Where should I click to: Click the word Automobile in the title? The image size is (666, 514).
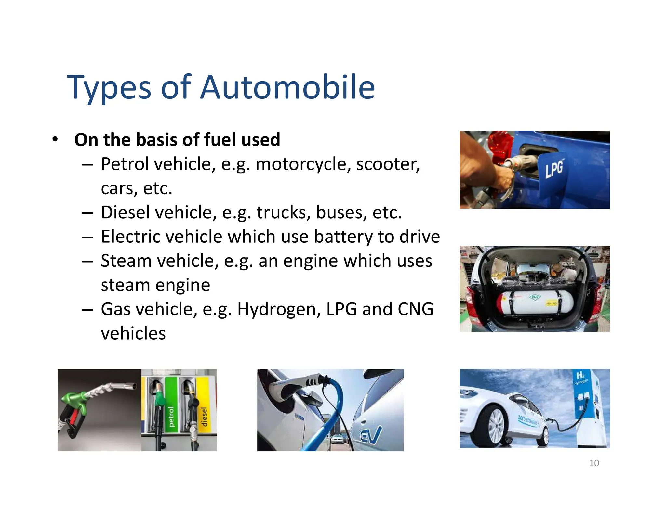pos(287,87)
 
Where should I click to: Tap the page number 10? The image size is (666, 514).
pos(594,463)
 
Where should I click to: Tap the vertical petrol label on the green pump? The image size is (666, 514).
pos(171,417)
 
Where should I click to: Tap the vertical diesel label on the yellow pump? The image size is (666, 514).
pos(204,417)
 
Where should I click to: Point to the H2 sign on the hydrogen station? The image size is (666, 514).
pos(580,376)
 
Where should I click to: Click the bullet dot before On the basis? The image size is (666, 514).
pos(55,139)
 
